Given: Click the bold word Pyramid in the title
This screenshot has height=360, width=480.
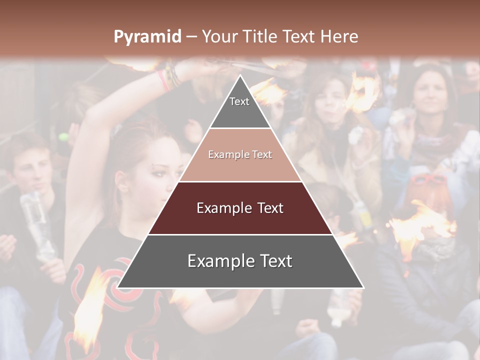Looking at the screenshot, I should [147, 37].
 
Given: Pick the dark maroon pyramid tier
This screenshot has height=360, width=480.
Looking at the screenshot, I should [240, 208].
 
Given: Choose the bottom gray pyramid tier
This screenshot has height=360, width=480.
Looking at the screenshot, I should [240, 261].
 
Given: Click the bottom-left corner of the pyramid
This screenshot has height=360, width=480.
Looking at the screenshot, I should [118, 287].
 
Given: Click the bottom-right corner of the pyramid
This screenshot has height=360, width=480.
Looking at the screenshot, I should [362, 287].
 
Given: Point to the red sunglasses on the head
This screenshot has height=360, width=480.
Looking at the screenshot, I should [429, 179].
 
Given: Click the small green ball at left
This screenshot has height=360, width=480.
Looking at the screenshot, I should [63, 137].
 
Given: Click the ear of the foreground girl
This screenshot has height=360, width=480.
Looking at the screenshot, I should [121, 182].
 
